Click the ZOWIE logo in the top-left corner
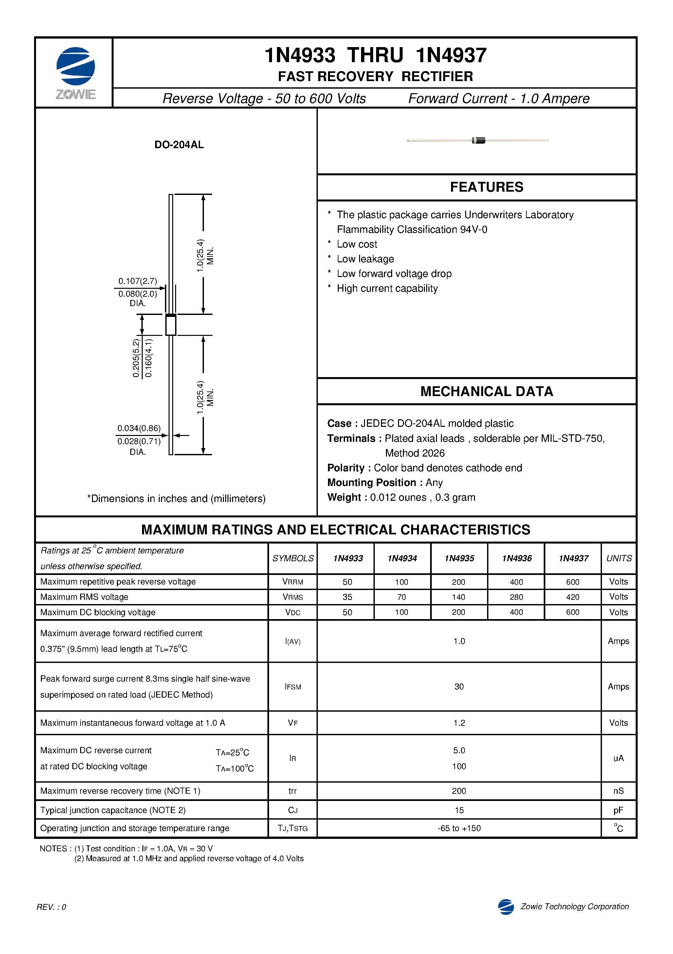pos(75,73)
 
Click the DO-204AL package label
pos(179,145)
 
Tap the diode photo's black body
pos(479,140)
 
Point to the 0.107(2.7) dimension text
pos(138,281)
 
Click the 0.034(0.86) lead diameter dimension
pos(138,428)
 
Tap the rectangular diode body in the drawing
pos(171,325)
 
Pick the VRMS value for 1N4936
pos(516,597)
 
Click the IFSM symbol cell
pos(293,687)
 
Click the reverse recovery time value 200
pos(459,791)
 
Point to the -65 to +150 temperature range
pos(459,828)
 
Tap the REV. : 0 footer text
pos(51,907)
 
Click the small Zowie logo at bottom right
pos(506,907)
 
